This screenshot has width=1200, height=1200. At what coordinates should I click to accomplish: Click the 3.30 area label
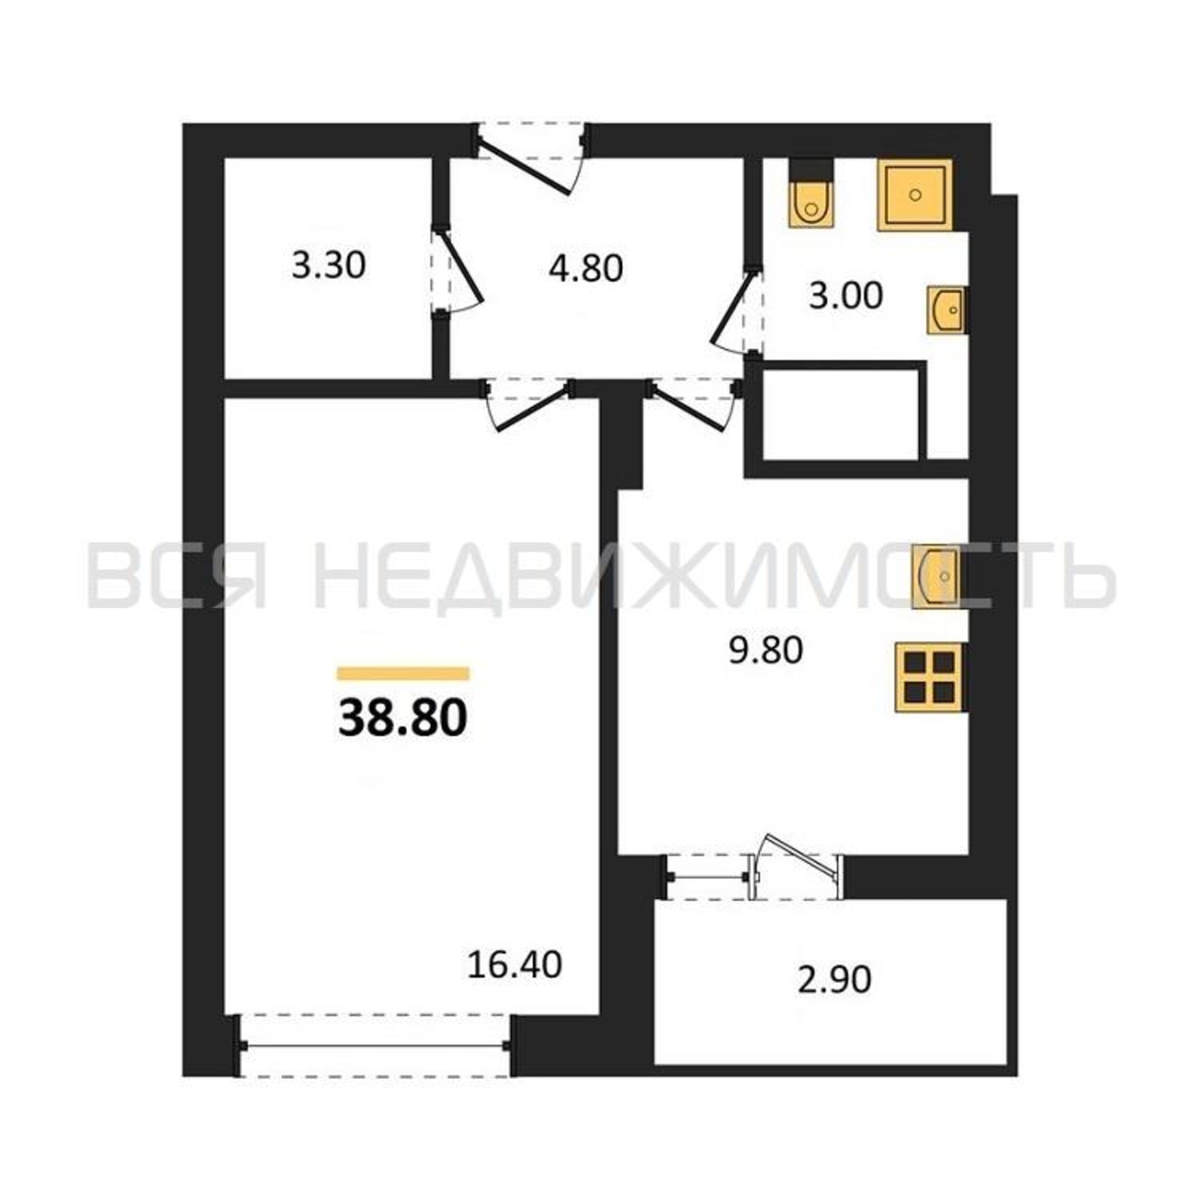point(329,266)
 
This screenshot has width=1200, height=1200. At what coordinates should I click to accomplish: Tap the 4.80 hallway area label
point(586,269)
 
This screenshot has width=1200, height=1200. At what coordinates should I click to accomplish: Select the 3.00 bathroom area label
point(845,296)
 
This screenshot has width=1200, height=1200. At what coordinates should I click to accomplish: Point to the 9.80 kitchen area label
point(766,651)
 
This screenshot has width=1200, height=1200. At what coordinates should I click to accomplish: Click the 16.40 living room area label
point(514,983)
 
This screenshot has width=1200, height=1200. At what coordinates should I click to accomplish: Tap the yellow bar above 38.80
point(403,673)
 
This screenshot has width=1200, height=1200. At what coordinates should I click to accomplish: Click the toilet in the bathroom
point(811,194)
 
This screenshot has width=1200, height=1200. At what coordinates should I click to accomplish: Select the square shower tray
point(914,195)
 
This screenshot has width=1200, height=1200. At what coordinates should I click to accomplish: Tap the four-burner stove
point(929,677)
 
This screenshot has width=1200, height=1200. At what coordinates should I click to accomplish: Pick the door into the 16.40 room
point(529,407)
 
